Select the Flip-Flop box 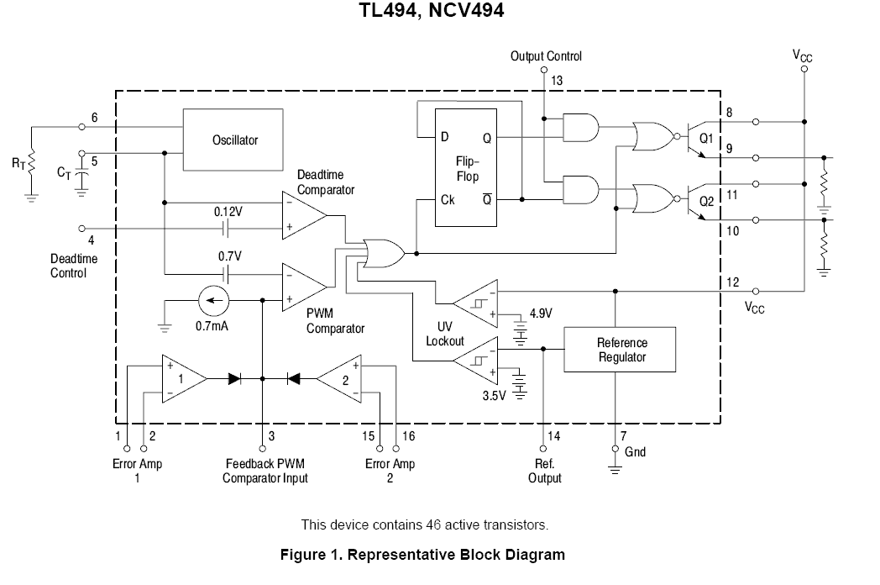click(x=465, y=167)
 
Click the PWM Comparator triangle click(x=303, y=287)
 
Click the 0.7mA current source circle click(x=212, y=300)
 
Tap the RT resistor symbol click(x=31, y=162)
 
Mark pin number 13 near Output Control click(x=557, y=80)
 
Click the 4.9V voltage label click(x=539, y=314)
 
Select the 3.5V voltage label click(x=495, y=393)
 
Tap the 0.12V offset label click(x=228, y=213)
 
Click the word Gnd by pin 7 click(x=636, y=451)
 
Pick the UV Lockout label click(x=444, y=333)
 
